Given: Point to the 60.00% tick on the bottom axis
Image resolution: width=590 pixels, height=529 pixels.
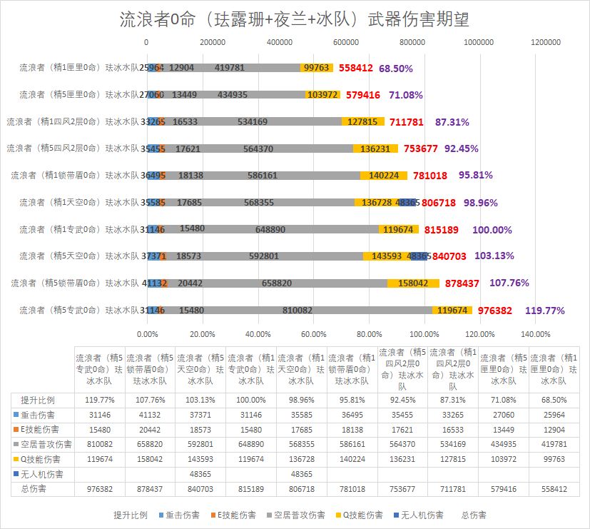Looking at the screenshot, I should (313, 333).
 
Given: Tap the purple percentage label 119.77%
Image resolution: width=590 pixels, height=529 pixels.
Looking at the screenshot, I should (544, 311).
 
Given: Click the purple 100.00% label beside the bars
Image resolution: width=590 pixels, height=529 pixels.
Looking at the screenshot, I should (492, 230).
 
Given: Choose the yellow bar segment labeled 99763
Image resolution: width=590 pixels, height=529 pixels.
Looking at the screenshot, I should (316, 69).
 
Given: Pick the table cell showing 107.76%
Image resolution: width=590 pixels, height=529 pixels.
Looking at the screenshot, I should (150, 400).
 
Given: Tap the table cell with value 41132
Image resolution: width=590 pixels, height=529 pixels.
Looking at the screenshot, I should (150, 415).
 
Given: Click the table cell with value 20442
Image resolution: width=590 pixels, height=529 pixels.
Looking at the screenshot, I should (150, 430).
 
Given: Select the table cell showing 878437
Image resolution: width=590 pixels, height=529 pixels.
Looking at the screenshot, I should (150, 489).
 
